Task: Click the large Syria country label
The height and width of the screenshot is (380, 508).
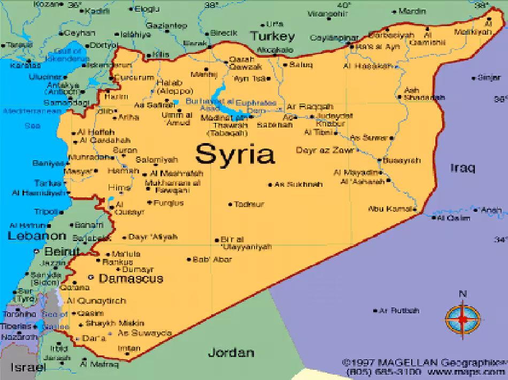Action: (235, 154)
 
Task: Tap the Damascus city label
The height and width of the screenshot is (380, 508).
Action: (130, 279)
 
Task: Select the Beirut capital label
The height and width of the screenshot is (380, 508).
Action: (61, 251)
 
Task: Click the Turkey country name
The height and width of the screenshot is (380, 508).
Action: (272, 37)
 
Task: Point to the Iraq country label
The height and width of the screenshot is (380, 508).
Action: (462, 168)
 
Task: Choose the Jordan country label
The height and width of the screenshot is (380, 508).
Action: (230, 353)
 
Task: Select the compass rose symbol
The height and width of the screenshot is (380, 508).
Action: (463, 317)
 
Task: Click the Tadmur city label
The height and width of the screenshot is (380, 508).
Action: (249, 204)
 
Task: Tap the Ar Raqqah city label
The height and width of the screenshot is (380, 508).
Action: (310, 107)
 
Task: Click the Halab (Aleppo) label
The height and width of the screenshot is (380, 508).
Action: (171, 86)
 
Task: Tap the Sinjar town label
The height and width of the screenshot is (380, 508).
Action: (489, 77)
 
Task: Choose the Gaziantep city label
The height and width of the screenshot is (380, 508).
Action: (166, 26)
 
